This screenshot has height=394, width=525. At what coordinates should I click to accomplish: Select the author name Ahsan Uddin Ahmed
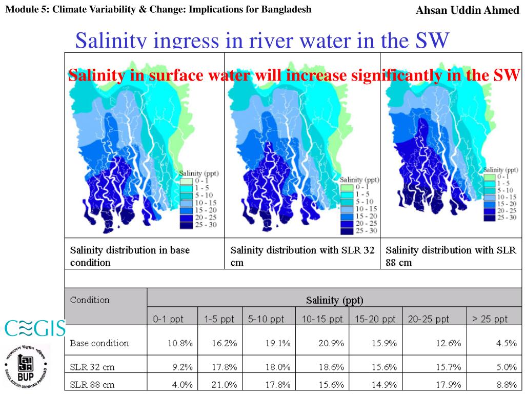tap(467, 10)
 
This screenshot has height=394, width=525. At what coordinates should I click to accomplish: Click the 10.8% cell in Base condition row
tap(180, 343)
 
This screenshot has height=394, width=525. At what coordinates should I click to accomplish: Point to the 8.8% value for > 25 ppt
tap(506, 384)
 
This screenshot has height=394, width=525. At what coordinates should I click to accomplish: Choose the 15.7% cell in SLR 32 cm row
tap(449, 367)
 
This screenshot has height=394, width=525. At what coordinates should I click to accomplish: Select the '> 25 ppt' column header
tap(490, 319)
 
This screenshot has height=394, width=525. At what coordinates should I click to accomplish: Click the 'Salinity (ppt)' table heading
tap(334, 300)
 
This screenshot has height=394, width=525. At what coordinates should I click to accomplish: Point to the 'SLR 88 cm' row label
tap(92, 384)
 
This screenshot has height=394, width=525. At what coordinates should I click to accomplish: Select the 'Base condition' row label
tap(99, 343)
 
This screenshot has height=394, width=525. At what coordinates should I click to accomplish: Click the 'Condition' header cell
tap(90, 300)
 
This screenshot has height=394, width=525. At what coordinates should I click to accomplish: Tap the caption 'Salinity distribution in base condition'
tap(130, 256)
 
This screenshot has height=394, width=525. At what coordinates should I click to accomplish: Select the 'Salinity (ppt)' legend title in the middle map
tap(359, 180)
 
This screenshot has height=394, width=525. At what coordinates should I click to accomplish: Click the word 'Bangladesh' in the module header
tap(288, 9)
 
